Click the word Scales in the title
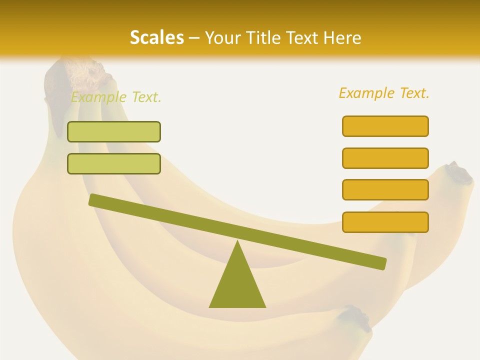156,37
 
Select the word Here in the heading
342,37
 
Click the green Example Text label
116,97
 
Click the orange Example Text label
384,93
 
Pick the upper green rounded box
114,131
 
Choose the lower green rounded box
114,163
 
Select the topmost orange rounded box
385,126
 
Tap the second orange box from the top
385,158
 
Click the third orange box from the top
385,190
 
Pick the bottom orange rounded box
385,222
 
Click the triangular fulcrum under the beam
237,285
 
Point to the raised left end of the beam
95,199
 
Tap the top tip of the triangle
237,243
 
